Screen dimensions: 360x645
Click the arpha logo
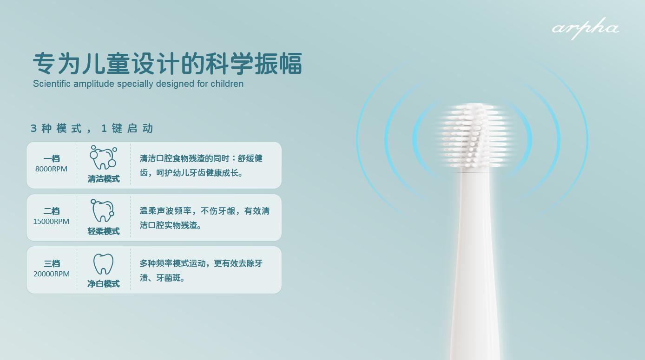coord(586,28)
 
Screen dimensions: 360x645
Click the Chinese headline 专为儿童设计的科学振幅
coord(167,64)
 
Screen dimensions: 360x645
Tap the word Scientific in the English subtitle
coord(52,84)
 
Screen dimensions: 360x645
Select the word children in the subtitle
coord(227,84)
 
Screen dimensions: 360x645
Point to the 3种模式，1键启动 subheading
coord(92,129)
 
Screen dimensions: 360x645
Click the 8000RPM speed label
coord(51,169)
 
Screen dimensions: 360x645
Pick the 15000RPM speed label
coord(51,222)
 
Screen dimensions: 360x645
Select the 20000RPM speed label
coord(51,274)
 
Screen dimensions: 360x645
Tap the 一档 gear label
coord(52,158)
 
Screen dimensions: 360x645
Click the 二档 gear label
coord(52,211)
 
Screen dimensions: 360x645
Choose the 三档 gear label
coord(52,263)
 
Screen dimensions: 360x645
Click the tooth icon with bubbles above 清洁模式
coord(103,158)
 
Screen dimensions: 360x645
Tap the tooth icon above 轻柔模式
coord(103,211)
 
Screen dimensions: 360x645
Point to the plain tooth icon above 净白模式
coord(103,264)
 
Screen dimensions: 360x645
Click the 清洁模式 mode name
coord(104,179)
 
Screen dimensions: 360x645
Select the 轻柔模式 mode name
coord(104,231)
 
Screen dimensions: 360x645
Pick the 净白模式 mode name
coord(104,284)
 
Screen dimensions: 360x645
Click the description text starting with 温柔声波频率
coord(204,218)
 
